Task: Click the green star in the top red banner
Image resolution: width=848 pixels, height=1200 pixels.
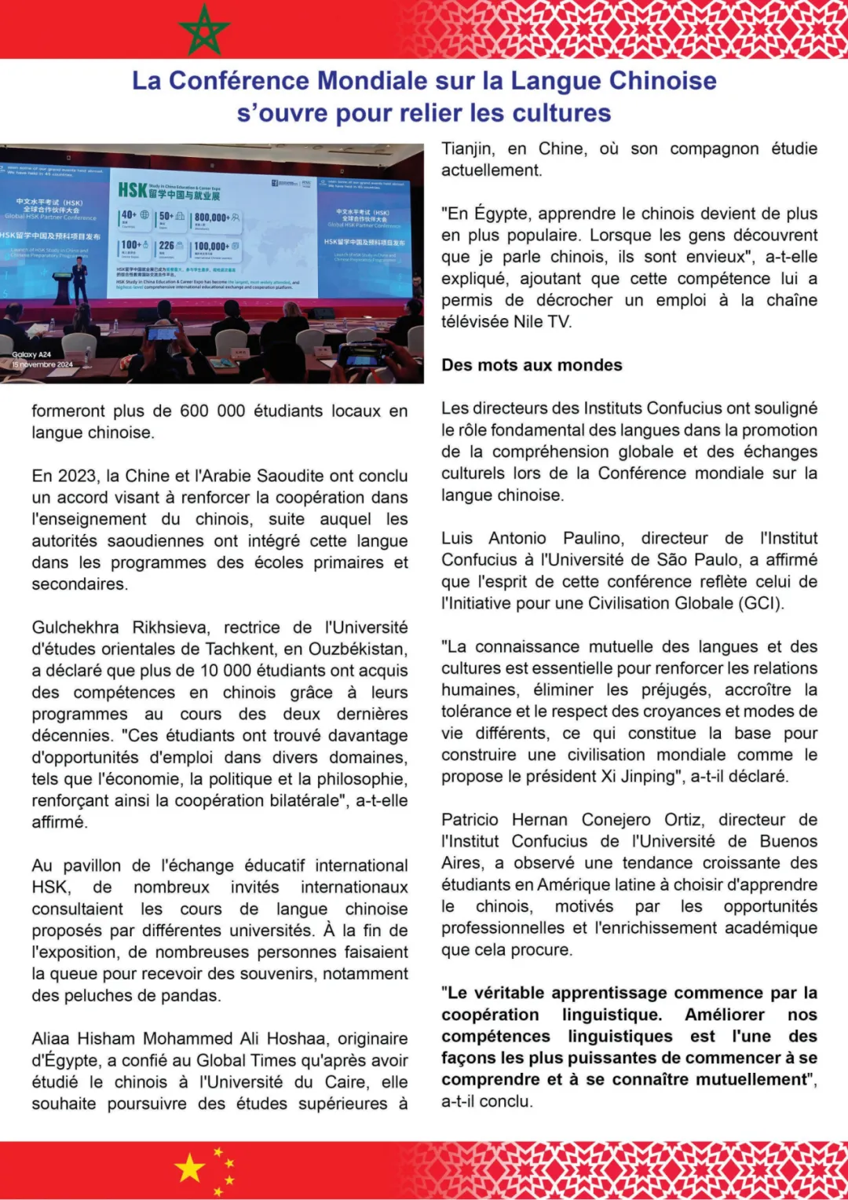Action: tap(204, 30)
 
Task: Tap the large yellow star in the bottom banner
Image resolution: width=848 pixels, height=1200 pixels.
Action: tap(191, 1169)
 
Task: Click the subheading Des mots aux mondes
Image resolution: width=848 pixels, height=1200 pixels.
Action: tap(532, 365)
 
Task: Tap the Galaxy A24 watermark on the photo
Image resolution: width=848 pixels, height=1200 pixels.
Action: tap(31, 355)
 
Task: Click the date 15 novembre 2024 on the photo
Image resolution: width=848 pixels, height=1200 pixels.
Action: tap(42, 364)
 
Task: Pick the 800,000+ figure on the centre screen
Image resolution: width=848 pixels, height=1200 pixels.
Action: tap(212, 218)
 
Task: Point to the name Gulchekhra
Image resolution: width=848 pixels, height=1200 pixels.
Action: tap(75, 627)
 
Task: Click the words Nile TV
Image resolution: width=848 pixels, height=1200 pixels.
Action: tap(542, 322)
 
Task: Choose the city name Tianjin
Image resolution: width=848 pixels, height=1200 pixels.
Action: tap(468, 149)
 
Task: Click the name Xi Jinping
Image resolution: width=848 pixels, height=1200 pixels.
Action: tap(636, 777)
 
